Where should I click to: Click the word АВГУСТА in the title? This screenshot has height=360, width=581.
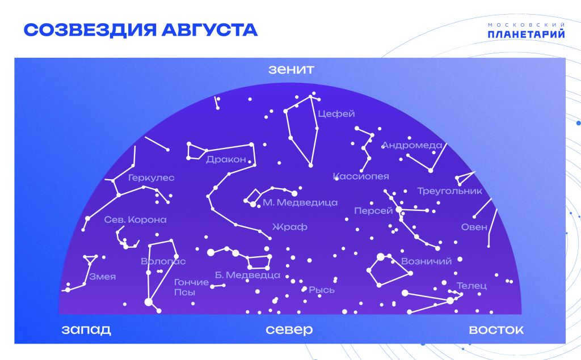(x=209, y=30)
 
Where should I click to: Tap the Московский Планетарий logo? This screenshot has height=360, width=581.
(x=526, y=31)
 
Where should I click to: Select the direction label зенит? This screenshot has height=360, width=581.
(x=291, y=69)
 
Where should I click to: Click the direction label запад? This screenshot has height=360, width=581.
(x=86, y=329)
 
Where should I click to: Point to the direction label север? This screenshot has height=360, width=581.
(x=289, y=329)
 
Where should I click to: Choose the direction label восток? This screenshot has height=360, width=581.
(x=496, y=329)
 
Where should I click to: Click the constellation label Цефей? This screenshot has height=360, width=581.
(x=336, y=114)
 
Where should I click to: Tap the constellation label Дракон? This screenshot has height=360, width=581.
(x=226, y=160)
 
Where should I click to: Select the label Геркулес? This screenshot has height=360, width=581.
(x=151, y=178)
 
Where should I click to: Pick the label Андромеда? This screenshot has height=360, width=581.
(x=412, y=145)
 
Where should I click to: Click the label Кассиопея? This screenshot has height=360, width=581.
(x=361, y=176)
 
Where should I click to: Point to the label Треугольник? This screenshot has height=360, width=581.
(x=450, y=191)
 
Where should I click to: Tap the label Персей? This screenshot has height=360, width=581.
(x=373, y=211)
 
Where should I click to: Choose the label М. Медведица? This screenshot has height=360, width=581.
(x=300, y=202)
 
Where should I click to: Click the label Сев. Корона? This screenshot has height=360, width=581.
(x=135, y=219)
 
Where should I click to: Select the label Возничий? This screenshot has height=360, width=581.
(x=427, y=261)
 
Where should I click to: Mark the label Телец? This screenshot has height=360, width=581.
(x=471, y=286)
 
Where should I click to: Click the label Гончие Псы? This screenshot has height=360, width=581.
(x=191, y=287)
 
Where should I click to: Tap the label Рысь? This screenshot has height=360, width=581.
(x=322, y=290)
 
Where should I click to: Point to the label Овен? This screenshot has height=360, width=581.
(x=474, y=227)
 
